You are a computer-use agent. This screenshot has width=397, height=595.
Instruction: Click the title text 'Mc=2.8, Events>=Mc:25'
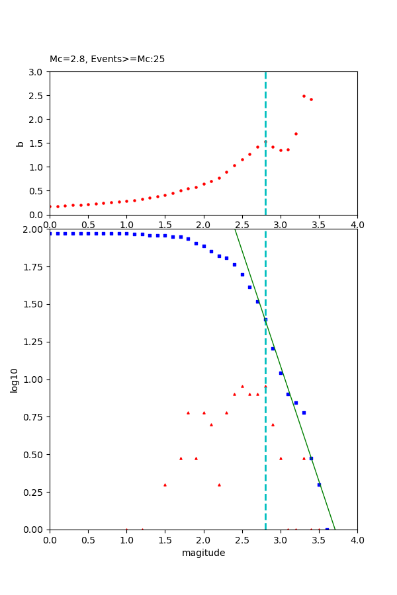tap(107, 59)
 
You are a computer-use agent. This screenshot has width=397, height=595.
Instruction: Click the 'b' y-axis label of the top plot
tap(20, 143)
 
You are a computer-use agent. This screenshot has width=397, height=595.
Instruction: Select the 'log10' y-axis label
tap(15, 379)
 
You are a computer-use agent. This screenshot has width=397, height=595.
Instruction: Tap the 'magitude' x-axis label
tap(203, 553)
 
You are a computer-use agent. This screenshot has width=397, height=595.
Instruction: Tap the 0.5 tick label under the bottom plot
tap(88, 539)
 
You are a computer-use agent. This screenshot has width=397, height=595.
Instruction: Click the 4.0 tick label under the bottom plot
tap(357, 539)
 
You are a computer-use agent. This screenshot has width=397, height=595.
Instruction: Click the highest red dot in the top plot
tap(304, 96)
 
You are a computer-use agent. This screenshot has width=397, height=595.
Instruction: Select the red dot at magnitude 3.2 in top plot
tap(296, 134)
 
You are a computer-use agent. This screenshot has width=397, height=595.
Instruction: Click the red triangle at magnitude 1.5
tap(165, 485)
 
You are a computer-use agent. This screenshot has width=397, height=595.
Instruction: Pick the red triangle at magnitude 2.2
tap(219, 485)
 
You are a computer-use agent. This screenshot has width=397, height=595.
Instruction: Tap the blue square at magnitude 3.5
tap(319, 485)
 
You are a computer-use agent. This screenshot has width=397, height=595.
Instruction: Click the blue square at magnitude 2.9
tap(273, 348)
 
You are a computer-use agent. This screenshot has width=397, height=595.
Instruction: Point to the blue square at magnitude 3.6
tap(327, 529)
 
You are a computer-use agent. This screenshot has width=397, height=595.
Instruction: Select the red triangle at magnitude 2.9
tap(273, 424)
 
